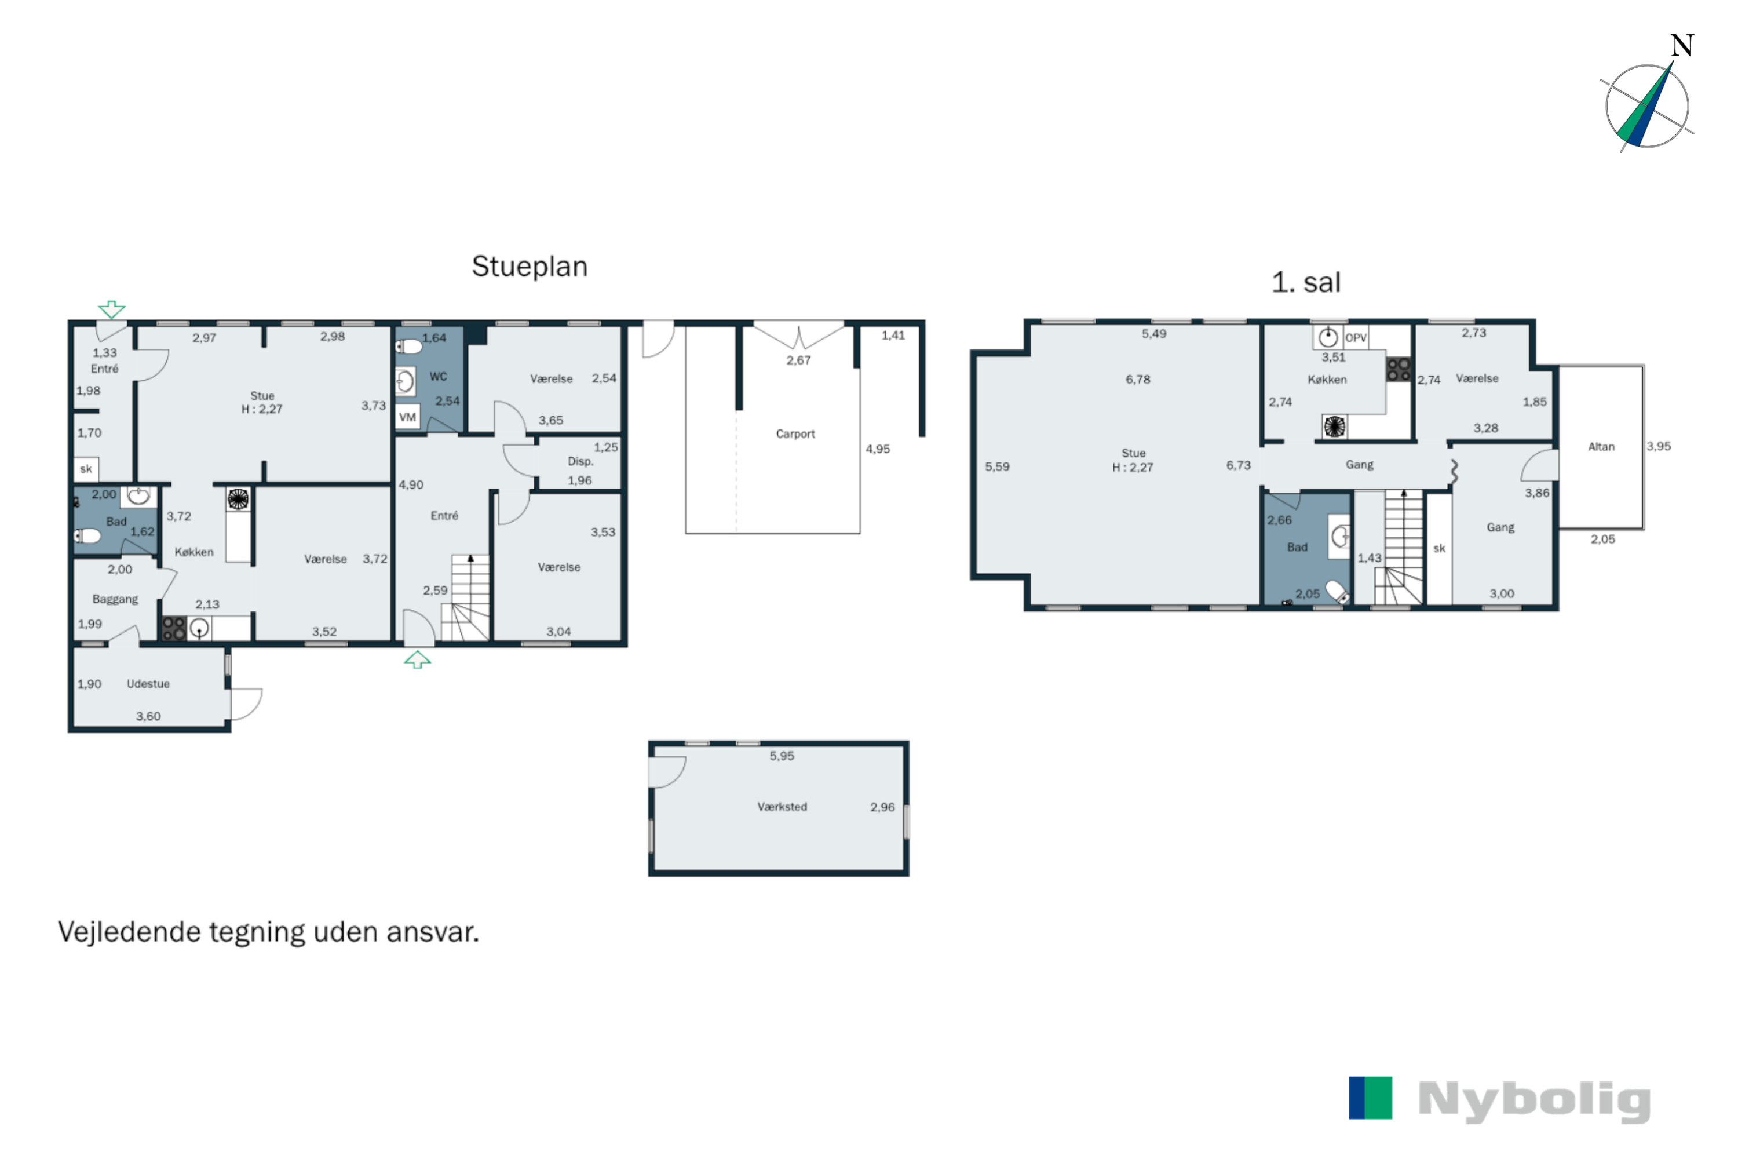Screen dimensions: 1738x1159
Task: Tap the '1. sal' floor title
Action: [1306, 282]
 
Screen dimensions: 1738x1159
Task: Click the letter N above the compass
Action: [1682, 46]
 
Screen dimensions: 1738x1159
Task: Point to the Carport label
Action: [795, 434]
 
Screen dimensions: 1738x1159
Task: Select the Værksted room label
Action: [782, 807]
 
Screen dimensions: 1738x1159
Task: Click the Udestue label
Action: [148, 684]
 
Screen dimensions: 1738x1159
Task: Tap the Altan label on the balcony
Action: [1601, 446]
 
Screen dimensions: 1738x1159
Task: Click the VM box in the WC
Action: [408, 417]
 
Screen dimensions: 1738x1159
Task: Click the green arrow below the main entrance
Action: [418, 659]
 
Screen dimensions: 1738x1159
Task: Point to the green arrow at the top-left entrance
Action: [112, 309]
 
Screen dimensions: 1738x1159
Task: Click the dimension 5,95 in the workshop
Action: [782, 756]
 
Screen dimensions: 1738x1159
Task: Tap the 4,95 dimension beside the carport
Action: [878, 449]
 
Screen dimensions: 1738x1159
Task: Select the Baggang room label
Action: [115, 599]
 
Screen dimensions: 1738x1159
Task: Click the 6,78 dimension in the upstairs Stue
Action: [1138, 379]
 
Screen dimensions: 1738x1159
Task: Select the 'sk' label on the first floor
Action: [1438, 548]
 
